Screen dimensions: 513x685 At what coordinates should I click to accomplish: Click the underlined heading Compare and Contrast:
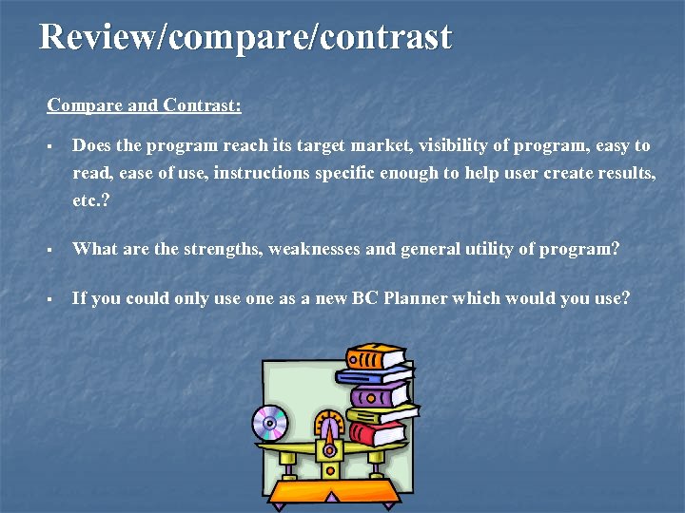pyautogui.click(x=144, y=104)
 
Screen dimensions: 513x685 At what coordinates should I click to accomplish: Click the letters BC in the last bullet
pyautogui.click(x=365, y=298)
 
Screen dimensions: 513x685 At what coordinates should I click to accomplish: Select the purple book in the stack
pyautogui.click(x=379, y=393)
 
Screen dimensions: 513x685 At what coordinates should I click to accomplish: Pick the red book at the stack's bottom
pyautogui.click(x=378, y=434)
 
